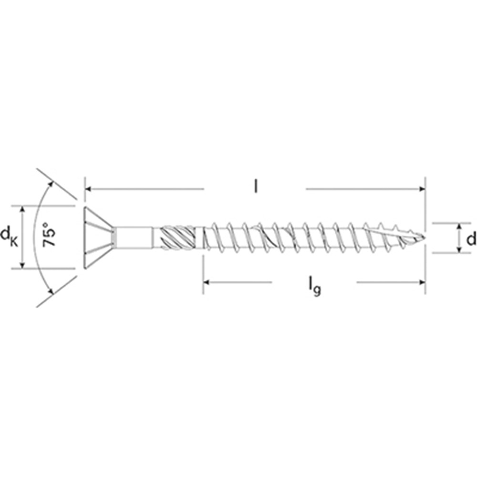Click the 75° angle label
tap(49, 235)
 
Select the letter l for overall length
tap(256, 186)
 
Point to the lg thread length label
tap(314, 287)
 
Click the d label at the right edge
tap(471, 239)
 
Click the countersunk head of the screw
tap(99, 238)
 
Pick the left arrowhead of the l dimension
tap(88, 189)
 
